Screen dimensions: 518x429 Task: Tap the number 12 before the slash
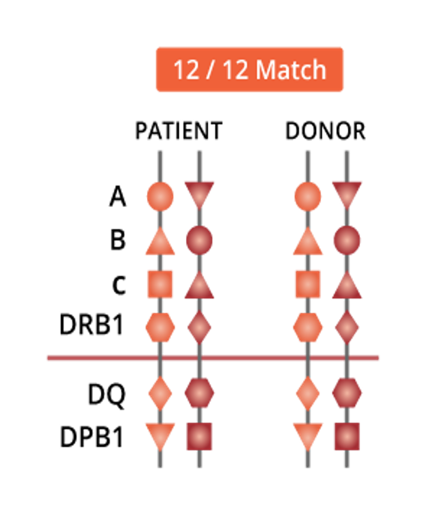[186, 70]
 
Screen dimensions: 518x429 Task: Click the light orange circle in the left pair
[160, 196]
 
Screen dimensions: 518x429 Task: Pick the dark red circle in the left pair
[200, 241]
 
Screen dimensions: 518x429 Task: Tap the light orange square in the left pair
[160, 284]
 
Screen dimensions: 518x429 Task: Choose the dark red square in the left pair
[200, 436]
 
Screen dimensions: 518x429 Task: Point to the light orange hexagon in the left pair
[160, 327]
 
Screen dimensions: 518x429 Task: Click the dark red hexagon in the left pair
[200, 392]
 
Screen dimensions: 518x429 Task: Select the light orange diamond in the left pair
[160, 392]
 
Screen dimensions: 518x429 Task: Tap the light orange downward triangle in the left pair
[160, 435]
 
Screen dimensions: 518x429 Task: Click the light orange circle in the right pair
[307, 196]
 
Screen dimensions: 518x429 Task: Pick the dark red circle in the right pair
[347, 241]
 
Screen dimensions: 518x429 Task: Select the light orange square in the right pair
[307, 284]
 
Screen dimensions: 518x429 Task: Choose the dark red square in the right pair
[347, 436]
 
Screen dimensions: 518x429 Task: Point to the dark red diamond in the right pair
[347, 327]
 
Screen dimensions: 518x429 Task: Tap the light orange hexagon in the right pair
[307, 327]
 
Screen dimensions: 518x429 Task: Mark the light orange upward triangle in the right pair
[307, 243]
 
